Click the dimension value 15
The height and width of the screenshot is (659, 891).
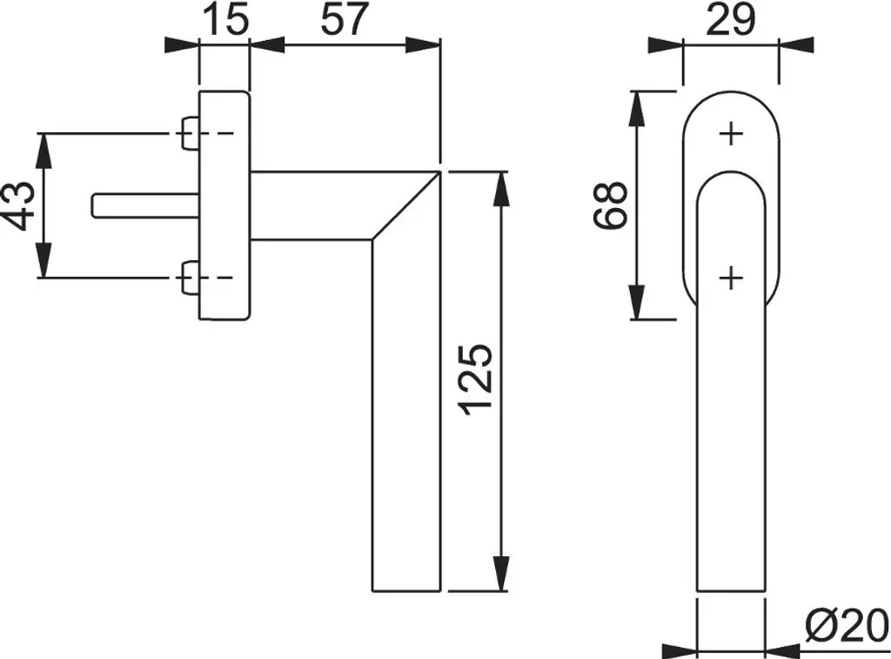(225, 19)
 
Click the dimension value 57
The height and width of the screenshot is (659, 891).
(345, 19)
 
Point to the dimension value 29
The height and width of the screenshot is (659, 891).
(731, 19)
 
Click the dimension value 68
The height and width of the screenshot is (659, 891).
(610, 205)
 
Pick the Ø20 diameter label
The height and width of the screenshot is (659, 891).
(847, 624)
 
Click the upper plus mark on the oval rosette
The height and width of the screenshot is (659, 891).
(731, 134)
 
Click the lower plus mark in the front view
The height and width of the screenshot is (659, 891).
(731, 279)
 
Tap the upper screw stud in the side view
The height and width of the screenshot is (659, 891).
(191, 133)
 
